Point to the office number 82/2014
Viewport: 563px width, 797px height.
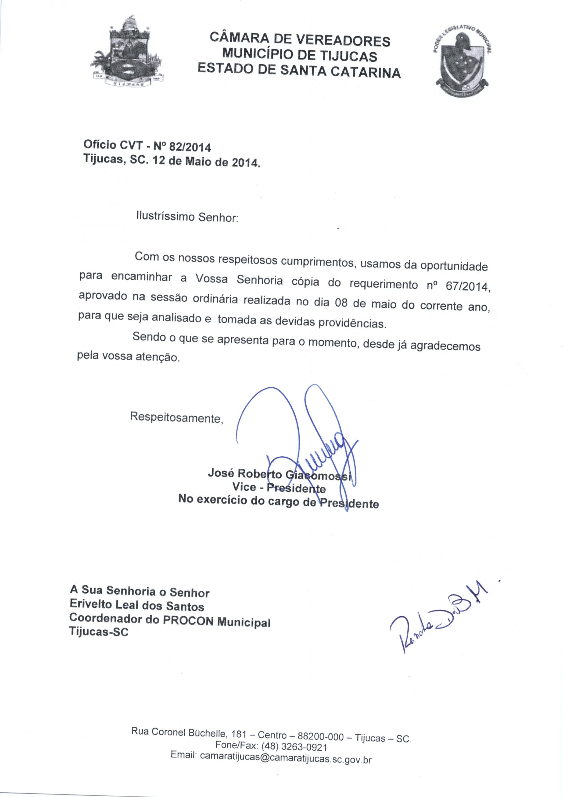[190, 147]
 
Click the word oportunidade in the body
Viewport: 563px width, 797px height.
[454, 266]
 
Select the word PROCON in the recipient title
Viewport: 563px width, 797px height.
[188, 621]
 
